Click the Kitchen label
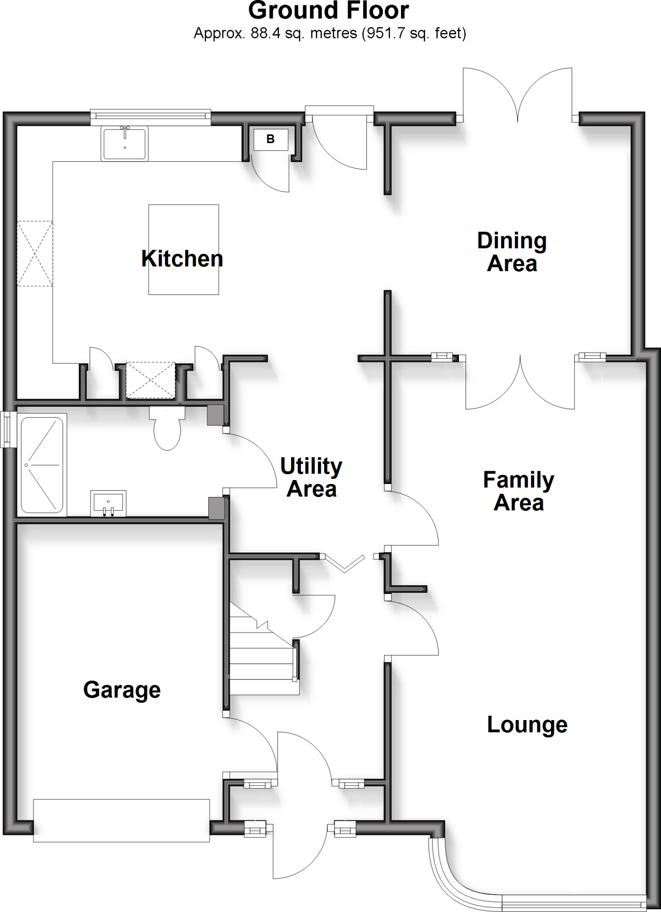182,259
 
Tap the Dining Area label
512,252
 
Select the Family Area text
519,491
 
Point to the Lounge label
527,725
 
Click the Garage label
122,690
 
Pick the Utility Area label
311,477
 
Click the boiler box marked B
271,139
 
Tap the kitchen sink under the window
125,143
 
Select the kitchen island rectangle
183,249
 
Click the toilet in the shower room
167,429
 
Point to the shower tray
42,465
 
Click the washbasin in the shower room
108,504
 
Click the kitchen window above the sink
150,116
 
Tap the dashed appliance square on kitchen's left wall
35,253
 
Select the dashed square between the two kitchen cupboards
150,380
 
